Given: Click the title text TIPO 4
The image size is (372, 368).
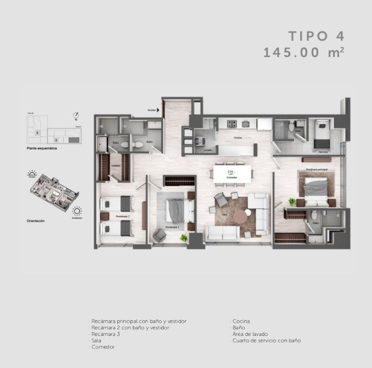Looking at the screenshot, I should point(317,36).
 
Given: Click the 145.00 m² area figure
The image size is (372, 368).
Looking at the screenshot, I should point(303,52).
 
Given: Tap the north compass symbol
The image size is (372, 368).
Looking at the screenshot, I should point(76,115).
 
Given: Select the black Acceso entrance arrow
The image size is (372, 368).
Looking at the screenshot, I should point(158,110).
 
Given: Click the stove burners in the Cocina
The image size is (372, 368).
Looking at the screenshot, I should point(232,125).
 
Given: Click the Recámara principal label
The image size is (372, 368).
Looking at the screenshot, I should point(317,168).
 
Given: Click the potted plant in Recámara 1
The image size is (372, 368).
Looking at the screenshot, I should point(183,238).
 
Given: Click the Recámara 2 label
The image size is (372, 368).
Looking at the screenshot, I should point(122,216).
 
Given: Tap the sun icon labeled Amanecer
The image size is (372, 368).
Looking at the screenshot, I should point(77,211).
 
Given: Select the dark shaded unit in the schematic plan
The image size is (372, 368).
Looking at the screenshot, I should point(74,140).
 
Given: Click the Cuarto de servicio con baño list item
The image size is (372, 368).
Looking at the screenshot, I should point(267,340).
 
